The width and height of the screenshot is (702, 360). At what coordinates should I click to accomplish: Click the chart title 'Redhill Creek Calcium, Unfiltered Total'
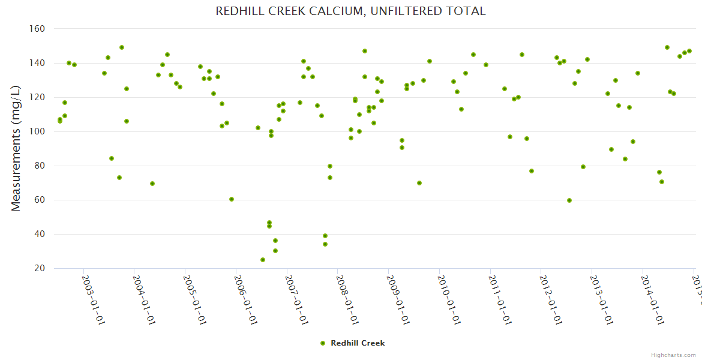tap(350, 11)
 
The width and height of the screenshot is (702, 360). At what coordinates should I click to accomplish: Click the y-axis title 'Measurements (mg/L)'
tap(16, 148)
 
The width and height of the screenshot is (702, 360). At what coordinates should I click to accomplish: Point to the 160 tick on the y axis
tap(37, 28)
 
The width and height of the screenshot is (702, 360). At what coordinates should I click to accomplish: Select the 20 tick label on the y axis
tap(40, 268)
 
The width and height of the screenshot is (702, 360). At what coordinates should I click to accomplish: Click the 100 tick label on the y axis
tap(37, 131)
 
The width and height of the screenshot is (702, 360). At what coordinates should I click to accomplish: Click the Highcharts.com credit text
tap(673, 355)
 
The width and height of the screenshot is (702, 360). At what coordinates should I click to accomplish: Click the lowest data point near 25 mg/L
tap(263, 260)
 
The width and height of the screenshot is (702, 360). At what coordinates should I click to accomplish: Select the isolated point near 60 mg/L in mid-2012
tap(569, 200)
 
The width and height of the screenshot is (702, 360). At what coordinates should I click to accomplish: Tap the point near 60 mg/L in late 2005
tap(232, 199)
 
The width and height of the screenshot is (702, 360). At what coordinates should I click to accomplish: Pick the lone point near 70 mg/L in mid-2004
tap(152, 184)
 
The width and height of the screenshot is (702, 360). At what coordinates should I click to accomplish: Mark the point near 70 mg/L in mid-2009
tap(419, 183)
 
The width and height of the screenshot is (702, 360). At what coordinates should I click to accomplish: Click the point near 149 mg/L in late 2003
tap(122, 47)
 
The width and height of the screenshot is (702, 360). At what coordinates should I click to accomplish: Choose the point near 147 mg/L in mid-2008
tap(365, 51)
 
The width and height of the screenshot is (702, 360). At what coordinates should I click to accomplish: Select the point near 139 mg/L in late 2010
tap(486, 65)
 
